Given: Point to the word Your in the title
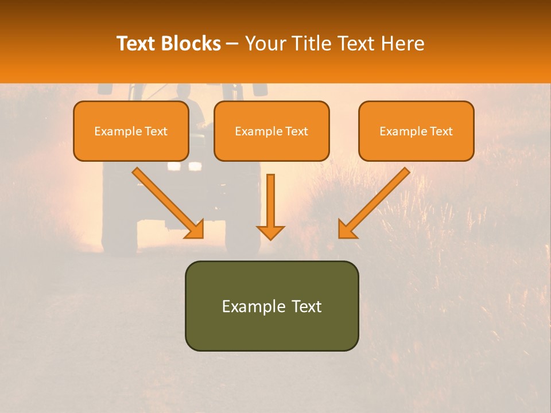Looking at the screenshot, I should click(x=265, y=44).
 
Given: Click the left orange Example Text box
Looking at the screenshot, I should click(x=131, y=131).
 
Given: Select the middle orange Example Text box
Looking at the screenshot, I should click(x=271, y=131).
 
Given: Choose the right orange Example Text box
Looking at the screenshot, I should click(x=416, y=131).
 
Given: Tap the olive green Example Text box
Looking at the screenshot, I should click(x=271, y=306).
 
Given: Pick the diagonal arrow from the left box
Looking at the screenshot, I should click(x=166, y=201).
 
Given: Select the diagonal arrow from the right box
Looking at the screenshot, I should click(x=376, y=201).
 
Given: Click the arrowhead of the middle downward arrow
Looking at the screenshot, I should click(x=270, y=232).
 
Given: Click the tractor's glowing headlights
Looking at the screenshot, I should click(x=184, y=166).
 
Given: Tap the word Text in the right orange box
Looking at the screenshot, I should click(x=440, y=131).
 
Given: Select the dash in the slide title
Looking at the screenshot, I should click(x=232, y=44).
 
